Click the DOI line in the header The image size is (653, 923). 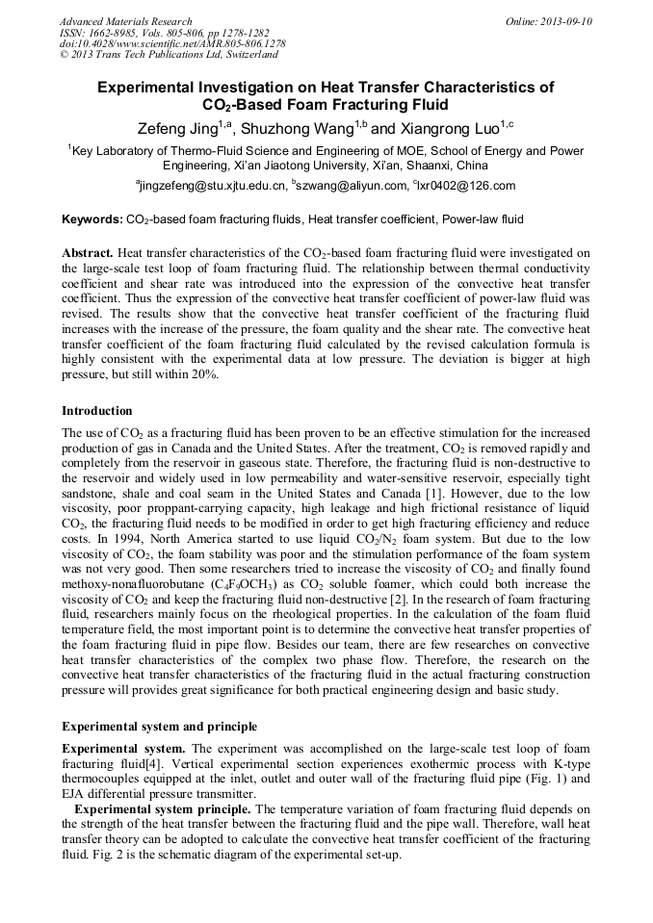click(x=172, y=44)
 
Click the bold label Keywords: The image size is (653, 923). click(x=91, y=220)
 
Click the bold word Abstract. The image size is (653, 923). click(x=88, y=253)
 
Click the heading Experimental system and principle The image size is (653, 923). click(x=159, y=726)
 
